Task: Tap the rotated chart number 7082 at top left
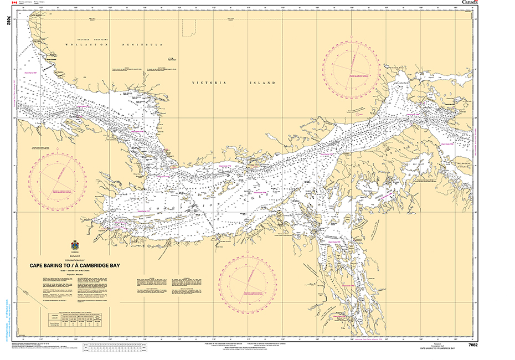[x=8, y=21]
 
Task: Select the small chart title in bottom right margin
[x=437, y=348]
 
